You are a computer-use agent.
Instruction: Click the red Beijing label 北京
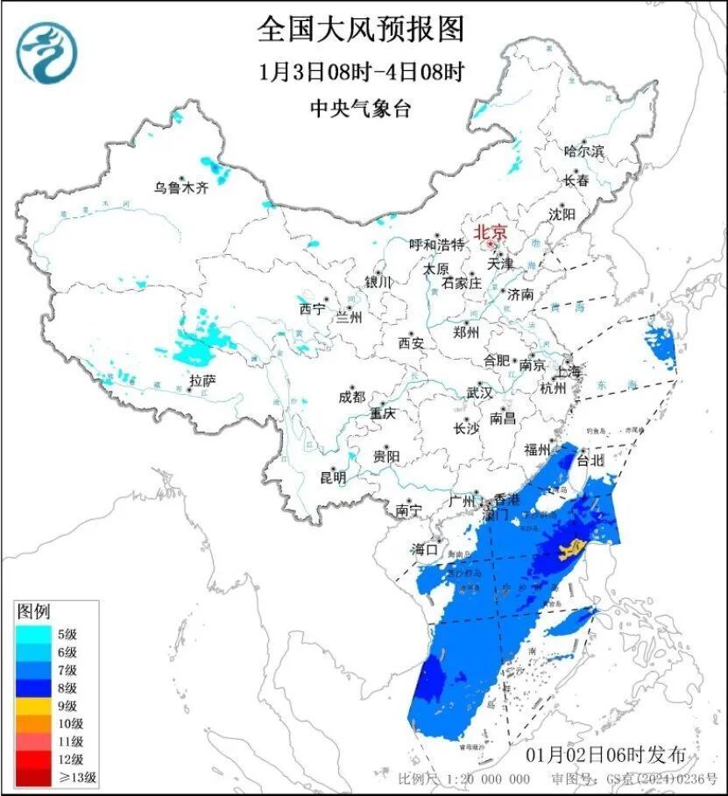tap(490, 232)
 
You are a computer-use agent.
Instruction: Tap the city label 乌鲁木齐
tap(181, 187)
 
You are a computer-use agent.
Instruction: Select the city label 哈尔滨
tap(584, 151)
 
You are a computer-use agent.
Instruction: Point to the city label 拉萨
tap(201, 380)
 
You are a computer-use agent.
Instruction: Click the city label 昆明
tap(333, 477)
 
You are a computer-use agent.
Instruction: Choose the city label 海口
tap(424, 549)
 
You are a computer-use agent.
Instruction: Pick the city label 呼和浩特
tap(437, 244)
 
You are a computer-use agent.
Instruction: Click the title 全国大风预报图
tap(360, 28)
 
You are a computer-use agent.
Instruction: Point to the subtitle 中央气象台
tap(360, 109)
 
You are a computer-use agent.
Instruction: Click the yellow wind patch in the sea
tap(569, 551)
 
